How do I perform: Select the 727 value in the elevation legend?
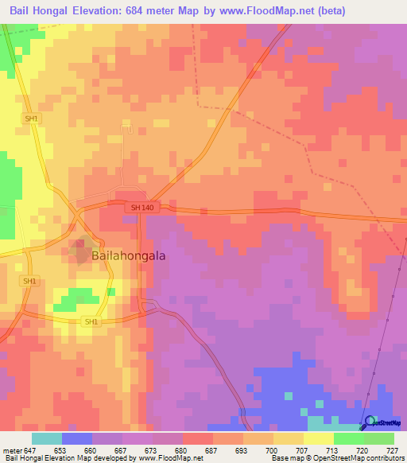[393, 450]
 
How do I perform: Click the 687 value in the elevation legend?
[211, 450]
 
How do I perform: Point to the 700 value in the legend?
[272, 450]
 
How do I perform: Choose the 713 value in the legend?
[332, 450]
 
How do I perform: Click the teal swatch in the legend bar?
[46, 438]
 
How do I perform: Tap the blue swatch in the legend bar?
[76, 438]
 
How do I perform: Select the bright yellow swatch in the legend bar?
[318, 438]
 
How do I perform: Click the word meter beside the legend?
[11, 450]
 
